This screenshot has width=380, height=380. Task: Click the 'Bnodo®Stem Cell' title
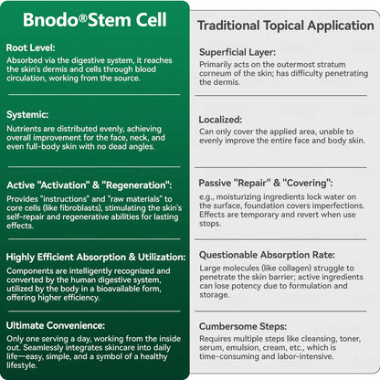coord(93,20)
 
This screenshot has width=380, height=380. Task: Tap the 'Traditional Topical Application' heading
coord(285,26)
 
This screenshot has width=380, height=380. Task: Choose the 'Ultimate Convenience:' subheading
coord(55,324)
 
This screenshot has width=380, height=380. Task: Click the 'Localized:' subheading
coord(220,120)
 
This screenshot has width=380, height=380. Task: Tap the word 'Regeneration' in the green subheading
coord(131,185)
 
